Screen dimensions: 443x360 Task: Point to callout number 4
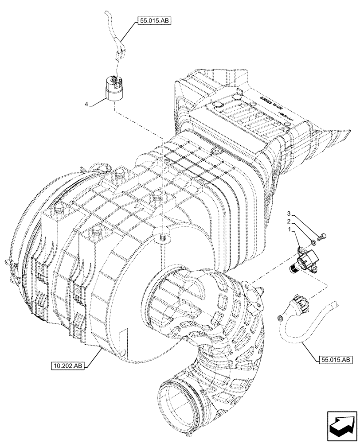pos(87,104)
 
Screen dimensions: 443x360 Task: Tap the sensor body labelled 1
pos(306,258)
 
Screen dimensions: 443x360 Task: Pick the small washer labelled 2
pos(314,242)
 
